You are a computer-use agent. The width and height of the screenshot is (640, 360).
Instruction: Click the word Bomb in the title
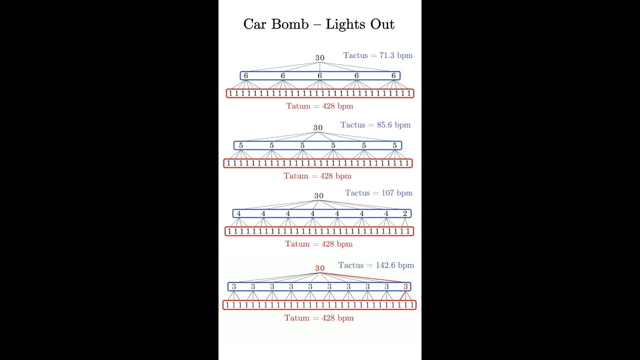point(290,24)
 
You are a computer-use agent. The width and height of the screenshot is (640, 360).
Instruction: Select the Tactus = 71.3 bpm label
point(378,55)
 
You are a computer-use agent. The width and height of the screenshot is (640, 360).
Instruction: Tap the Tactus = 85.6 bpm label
point(375,125)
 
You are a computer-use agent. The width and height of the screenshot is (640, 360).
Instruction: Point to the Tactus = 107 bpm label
point(379,193)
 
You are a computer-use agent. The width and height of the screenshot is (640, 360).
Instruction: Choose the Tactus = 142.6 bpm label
point(376,265)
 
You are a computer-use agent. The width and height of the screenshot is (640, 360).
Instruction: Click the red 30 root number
point(319,268)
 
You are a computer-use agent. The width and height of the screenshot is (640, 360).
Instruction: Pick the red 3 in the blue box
point(405,286)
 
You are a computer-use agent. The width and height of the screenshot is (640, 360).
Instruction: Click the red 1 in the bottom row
point(399,305)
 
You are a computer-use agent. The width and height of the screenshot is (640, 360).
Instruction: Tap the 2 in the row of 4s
point(405,213)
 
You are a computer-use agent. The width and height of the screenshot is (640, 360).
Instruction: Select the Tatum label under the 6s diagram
point(319,106)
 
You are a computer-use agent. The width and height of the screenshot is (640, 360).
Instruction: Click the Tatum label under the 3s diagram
point(319,318)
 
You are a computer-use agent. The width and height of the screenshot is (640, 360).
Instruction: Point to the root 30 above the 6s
point(319,58)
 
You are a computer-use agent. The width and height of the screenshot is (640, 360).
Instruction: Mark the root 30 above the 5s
point(317,127)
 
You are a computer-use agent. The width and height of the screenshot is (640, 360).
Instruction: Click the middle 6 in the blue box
point(319,75)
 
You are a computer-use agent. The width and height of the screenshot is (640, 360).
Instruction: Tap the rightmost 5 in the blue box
point(394,145)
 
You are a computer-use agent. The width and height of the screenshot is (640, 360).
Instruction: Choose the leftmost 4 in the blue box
point(238,213)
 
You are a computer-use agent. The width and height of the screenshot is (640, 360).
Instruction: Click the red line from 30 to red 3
point(362,277)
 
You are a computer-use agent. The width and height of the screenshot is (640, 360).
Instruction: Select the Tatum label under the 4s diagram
point(319,244)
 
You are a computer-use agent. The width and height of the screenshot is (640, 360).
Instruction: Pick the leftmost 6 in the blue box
point(245,75)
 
